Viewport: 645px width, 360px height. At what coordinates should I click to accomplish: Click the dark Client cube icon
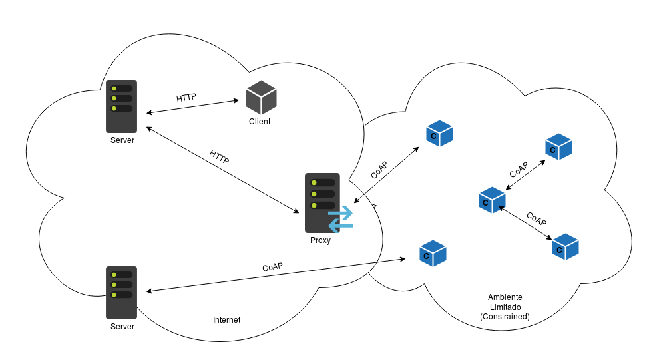(x=260, y=97)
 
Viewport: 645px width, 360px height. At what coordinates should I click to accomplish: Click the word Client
(x=260, y=122)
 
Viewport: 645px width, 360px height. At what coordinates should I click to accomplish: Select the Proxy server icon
(x=322, y=203)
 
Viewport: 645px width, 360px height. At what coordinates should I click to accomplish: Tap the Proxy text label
(x=320, y=240)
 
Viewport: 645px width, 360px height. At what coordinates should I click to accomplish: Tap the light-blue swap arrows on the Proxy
(x=341, y=219)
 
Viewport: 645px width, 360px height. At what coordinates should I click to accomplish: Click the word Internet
(x=226, y=320)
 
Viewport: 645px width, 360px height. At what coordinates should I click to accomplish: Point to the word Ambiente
(x=505, y=297)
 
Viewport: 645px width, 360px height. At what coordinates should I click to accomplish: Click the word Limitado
(x=505, y=307)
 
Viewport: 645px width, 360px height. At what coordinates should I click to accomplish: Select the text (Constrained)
(x=505, y=317)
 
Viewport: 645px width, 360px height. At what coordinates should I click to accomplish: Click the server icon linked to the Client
(x=121, y=106)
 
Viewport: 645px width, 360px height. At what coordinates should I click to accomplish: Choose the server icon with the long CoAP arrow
(x=121, y=292)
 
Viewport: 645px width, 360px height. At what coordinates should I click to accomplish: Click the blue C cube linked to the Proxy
(x=439, y=133)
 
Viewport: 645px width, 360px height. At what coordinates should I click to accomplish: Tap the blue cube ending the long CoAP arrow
(x=433, y=254)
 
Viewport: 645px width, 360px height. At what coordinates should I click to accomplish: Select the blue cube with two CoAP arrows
(x=492, y=200)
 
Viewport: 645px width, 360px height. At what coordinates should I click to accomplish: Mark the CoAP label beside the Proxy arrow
(x=379, y=170)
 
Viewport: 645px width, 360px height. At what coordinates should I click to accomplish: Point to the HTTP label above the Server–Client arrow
(x=186, y=98)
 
